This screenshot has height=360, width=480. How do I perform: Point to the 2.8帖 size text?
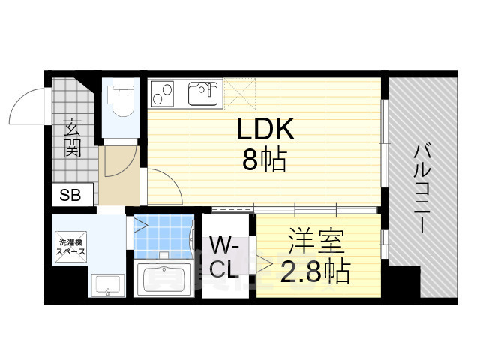[x=315, y=272]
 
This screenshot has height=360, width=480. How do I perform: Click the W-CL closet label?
[x=224, y=257]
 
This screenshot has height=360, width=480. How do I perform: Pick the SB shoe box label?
[x=72, y=196]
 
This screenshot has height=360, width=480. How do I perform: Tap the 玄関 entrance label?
[x=72, y=137]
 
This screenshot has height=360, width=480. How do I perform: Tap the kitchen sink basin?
[x=202, y=94]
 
